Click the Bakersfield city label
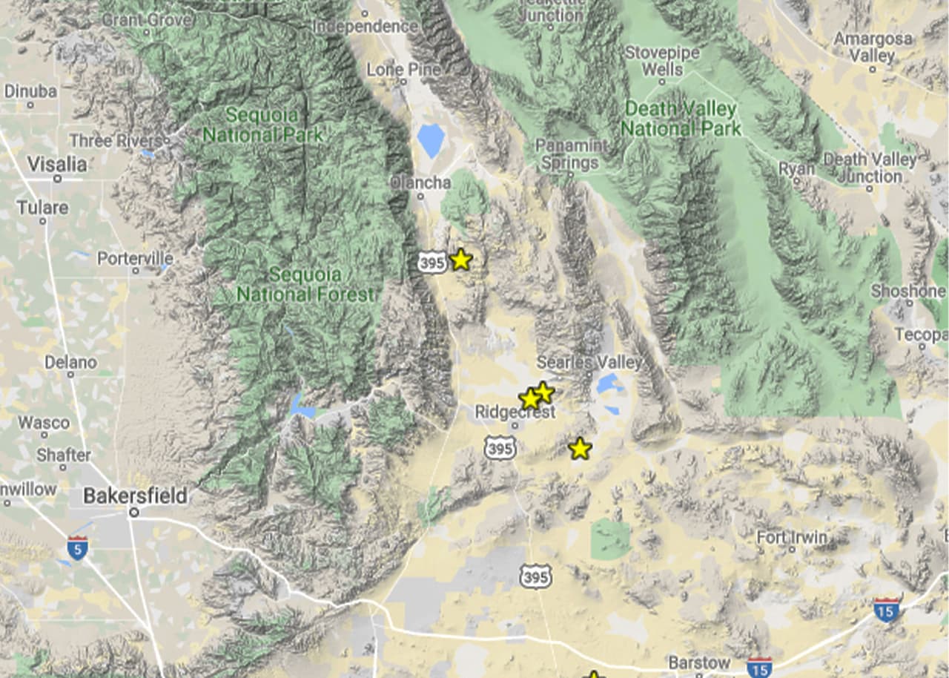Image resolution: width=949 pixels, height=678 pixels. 135,496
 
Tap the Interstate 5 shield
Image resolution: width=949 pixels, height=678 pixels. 76,547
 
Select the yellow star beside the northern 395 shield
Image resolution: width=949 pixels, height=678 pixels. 460,260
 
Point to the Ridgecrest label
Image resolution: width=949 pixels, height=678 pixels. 515,412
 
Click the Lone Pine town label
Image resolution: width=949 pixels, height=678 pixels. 404,70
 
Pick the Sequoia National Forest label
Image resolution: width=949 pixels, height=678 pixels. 305,284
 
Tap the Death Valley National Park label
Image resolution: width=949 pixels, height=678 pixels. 681,119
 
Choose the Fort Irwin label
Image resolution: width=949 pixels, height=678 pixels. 791,536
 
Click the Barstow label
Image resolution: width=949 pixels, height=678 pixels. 699,662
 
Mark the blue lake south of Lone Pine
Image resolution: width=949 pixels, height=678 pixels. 430,139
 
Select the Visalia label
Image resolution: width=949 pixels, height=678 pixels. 57,164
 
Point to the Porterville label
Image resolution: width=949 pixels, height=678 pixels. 135,259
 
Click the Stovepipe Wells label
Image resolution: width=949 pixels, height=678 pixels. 662,61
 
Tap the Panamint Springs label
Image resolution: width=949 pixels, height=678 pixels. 571,154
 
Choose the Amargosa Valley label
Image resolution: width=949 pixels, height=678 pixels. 873,47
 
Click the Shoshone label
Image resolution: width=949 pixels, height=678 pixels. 907,291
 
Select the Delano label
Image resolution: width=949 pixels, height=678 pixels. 71,363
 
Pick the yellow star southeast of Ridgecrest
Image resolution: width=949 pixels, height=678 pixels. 580,449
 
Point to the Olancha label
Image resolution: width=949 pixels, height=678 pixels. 420,182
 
